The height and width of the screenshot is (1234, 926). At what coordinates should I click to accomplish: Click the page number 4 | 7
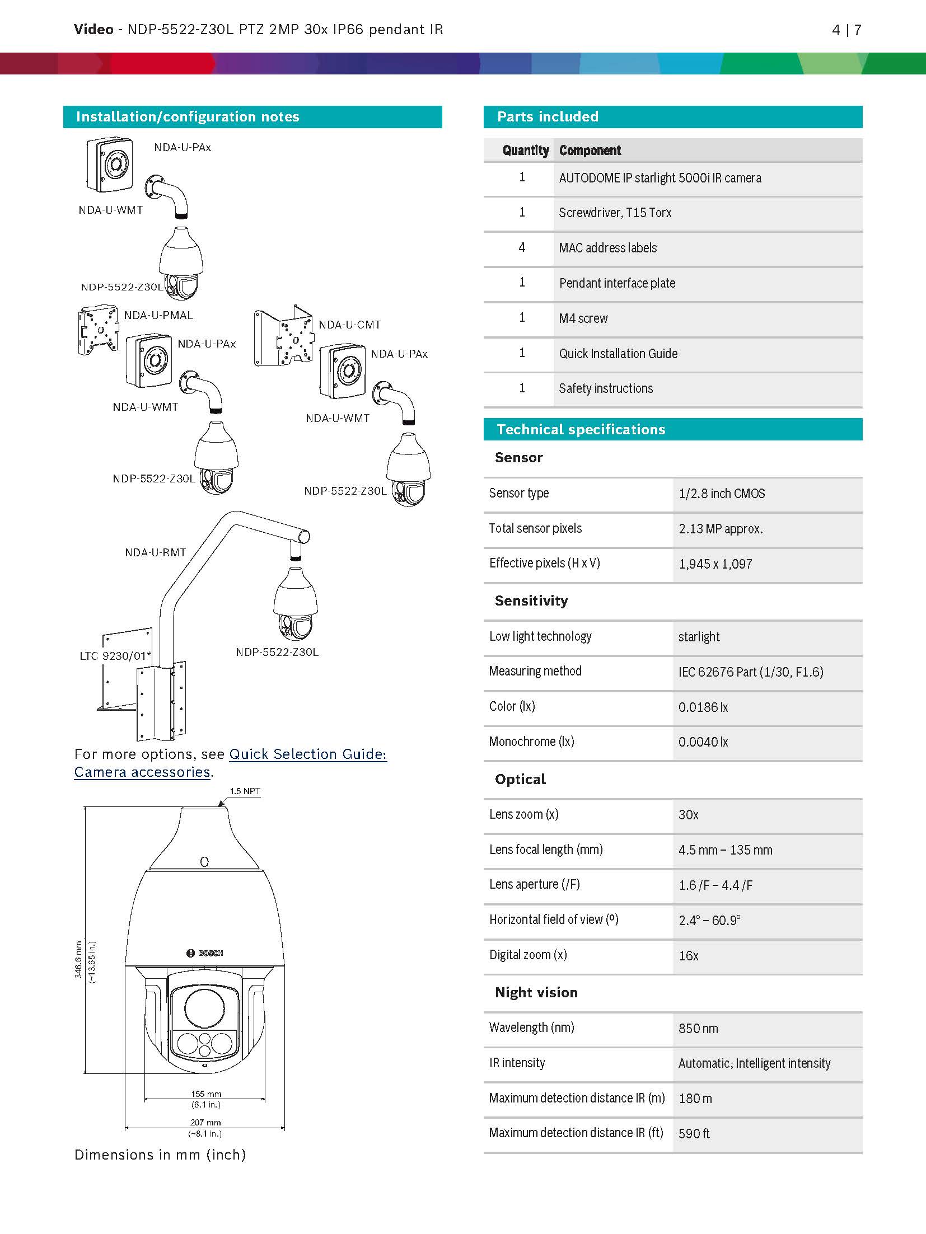pos(846,30)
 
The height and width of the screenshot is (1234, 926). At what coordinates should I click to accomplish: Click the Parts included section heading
pos(547,116)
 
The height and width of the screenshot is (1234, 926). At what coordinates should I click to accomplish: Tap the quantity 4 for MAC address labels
pos(522,247)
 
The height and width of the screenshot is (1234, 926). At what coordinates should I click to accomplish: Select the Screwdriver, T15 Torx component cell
pos(615,213)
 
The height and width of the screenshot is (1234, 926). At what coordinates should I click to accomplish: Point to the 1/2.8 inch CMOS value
pos(721,494)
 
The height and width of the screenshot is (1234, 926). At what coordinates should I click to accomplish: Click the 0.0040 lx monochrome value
pos(703,742)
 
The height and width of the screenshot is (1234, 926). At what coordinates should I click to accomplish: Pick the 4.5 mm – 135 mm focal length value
pos(725,850)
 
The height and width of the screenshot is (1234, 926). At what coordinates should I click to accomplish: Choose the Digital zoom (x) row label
pos(528,955)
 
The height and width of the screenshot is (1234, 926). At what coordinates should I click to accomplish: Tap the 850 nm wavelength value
pos(698,1029)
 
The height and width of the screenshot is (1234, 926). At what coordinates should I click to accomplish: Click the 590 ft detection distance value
pos(694,1134)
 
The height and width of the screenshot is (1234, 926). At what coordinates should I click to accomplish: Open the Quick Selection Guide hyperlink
pos(307,754)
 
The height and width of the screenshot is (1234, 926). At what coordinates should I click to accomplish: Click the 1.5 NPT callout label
pos(245,791)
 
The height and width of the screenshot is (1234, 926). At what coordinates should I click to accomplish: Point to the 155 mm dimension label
pos(206,1094)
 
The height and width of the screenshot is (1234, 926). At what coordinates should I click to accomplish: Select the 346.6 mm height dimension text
pos(79,960)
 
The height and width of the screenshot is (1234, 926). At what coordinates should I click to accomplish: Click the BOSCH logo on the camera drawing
pos(205,953)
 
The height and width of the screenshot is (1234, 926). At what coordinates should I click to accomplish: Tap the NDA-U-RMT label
pos(155,553)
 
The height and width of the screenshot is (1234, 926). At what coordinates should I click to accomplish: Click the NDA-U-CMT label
pos(349,325)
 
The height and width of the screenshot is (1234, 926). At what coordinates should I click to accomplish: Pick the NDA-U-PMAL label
pos(158,316)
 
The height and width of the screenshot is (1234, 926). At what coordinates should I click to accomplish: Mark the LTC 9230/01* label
pos(115,656)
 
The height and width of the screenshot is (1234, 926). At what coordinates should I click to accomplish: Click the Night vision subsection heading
pos(536,993)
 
